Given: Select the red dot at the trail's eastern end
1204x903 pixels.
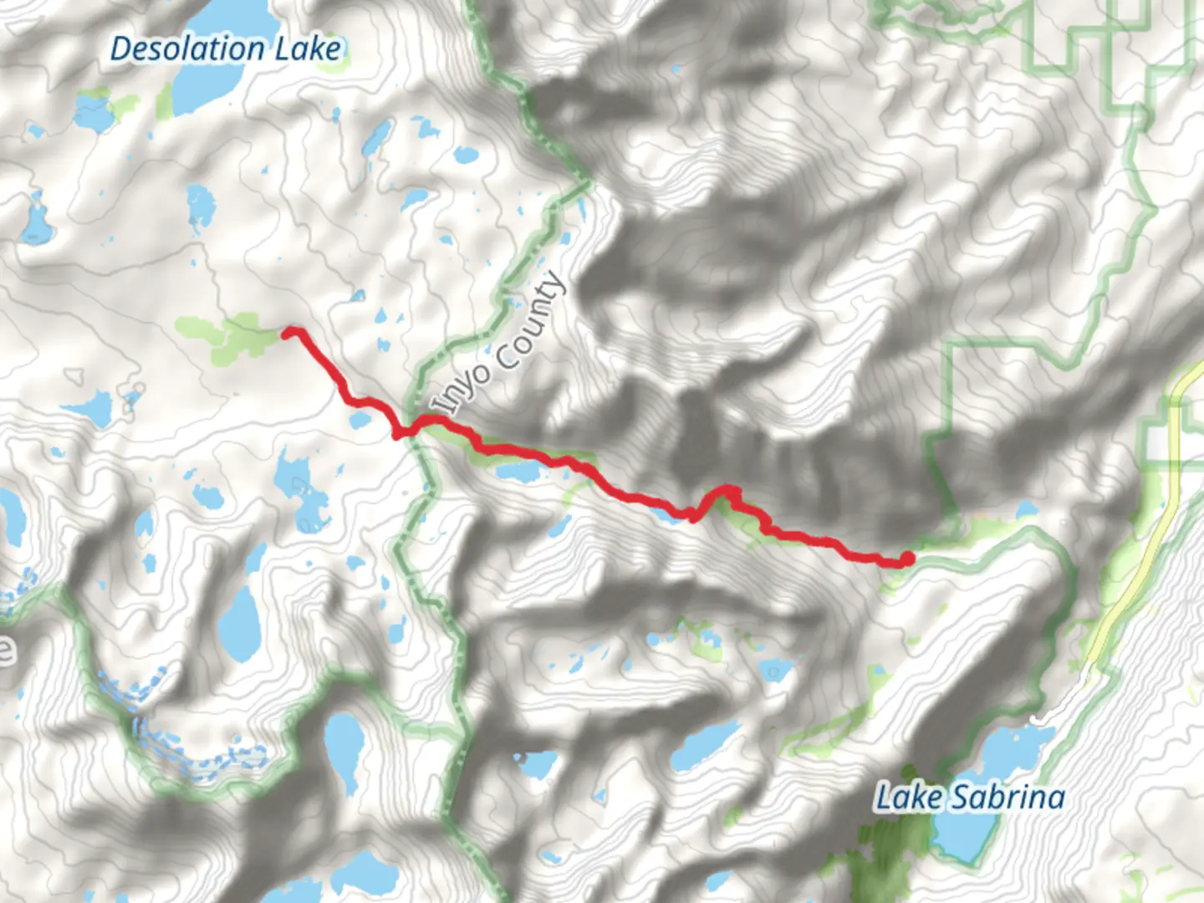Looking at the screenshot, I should tap(906, 559).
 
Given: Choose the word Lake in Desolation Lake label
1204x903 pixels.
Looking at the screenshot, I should tap(309, 48).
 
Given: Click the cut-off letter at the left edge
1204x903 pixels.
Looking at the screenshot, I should tap(7, 648).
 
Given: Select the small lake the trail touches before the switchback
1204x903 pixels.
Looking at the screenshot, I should tap(669, 513).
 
